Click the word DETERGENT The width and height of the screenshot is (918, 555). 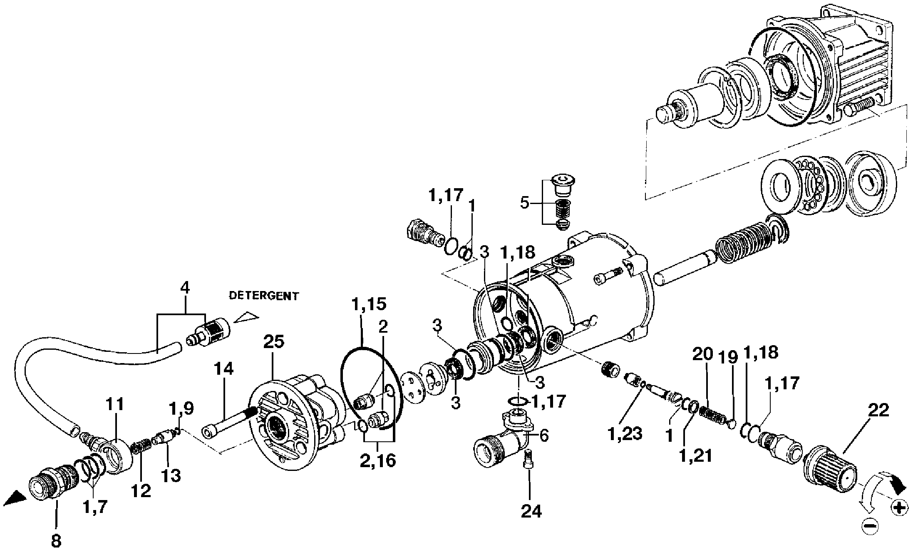click(264, 296)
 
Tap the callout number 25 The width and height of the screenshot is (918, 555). click(273, 341)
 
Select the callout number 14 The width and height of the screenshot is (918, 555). click(224, 369)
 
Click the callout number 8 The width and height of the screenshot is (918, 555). click(56, 541)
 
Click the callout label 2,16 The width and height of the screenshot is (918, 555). click(378, 460)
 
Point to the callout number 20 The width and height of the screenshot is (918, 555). click(703, 355)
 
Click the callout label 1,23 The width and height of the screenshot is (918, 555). click(625, 433)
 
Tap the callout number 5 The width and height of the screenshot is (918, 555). click(525, 203)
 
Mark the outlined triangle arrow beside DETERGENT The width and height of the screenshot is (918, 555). click(246, 317)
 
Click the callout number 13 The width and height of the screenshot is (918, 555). click(171, 475)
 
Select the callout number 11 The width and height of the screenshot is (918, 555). click(115, 404)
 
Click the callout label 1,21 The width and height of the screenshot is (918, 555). click(695, 456)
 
